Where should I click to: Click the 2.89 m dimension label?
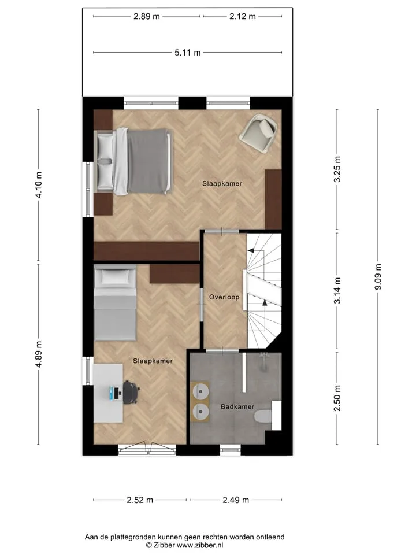coord(146,16)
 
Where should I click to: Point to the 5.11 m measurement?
coord(187,53)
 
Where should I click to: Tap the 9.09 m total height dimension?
coord(378,277)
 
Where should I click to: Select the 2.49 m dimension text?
coord(236,499)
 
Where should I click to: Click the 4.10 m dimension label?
coord(39,184)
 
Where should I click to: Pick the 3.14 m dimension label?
coord(337,291)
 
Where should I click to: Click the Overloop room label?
coord(224,297)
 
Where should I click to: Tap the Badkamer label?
coord(237,406)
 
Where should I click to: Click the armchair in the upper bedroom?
coord(258,133)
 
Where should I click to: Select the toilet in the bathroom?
coord(263,416)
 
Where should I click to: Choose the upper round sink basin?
coord(201,392)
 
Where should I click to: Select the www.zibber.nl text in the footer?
coord(200,545)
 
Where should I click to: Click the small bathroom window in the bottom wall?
coord(231,450)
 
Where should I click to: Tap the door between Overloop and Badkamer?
coord(222,351)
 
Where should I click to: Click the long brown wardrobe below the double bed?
coord(146,251)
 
